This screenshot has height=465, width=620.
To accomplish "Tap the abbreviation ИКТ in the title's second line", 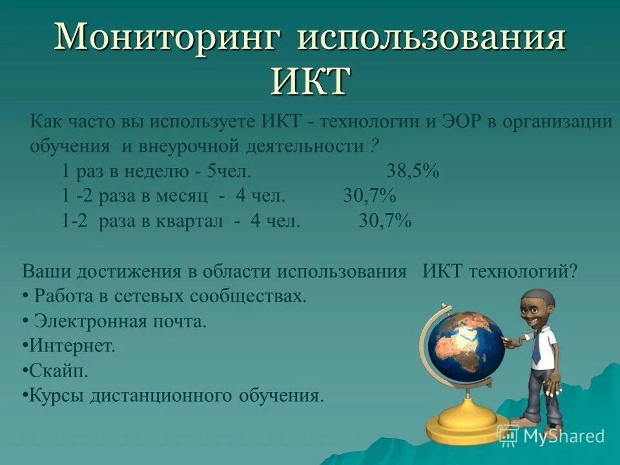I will pos(310,81).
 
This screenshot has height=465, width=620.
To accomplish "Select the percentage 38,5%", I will pos(413,172).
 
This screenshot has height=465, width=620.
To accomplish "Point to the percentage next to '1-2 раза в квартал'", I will pos(385,221).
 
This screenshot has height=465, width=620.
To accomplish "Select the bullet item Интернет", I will pos(72,346).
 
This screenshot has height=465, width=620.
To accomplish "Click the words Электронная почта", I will pos(120,321).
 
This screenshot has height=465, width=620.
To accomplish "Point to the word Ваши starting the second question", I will pos(46,271).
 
